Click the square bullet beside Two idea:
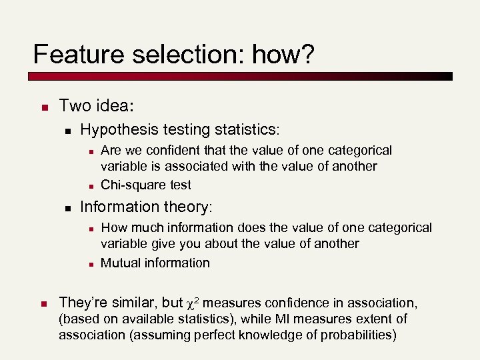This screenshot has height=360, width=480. point(42,107)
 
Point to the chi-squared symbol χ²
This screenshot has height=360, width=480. point(198,303)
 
